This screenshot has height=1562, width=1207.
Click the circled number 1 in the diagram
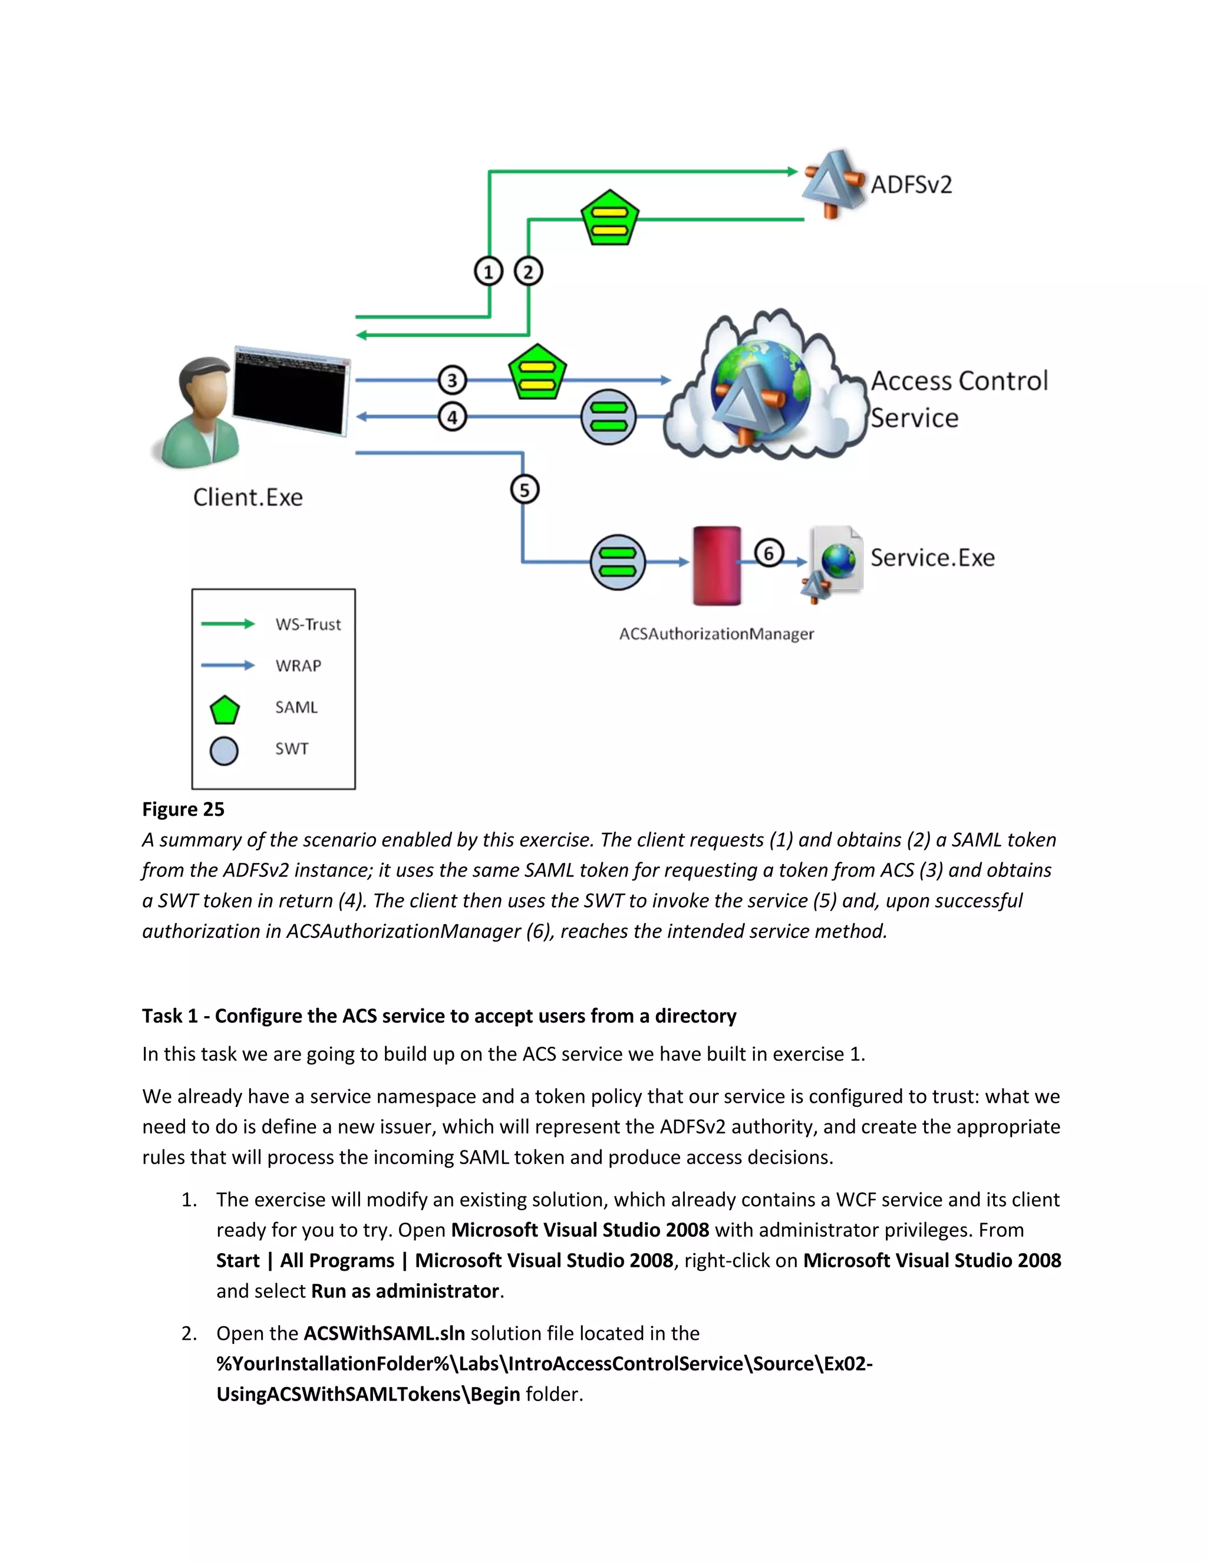point(489,272)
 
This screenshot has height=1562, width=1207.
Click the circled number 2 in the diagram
point(529,272)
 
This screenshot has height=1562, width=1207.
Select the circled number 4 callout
point(452,417)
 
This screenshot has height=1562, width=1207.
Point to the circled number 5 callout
point(524,490)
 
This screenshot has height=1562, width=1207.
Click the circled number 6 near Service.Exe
point(769,553)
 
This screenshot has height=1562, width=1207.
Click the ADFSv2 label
point(911,184)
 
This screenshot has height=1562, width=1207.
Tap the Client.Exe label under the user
point(248,497)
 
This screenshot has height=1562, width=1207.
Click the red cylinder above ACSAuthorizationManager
point(717,566)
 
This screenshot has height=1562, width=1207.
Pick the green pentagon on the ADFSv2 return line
point(609,218)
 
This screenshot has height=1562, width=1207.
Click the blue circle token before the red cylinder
point(617,562)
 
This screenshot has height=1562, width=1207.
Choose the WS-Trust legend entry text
point(308,624)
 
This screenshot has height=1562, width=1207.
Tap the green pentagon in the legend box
point(225,710)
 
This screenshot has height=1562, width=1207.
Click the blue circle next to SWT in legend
point(224,751)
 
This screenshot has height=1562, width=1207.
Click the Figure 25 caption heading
point(183,809)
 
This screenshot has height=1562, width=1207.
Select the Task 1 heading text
point(438,1016)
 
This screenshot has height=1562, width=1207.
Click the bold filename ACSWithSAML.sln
point(384,1333)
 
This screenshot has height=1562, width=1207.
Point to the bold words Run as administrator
point(405,1291)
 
